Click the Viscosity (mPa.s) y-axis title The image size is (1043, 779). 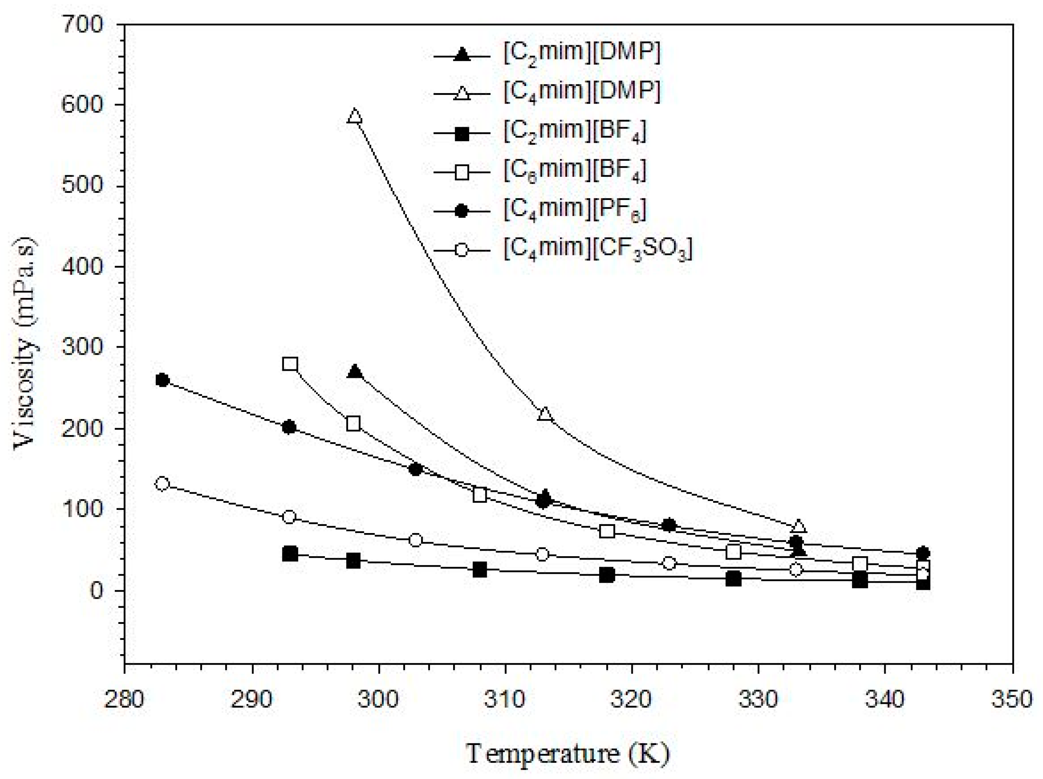point(26,345)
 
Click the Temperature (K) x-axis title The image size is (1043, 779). point(567,753)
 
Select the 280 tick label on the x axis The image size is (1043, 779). point(124,699)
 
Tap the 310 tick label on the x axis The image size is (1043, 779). point(505,699)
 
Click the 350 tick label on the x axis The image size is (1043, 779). point(1012,699)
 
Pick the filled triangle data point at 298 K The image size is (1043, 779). point(355,372)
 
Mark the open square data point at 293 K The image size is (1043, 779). point(290,364)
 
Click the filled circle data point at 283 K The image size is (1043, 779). point(163,380)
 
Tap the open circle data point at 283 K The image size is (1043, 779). point(163,484)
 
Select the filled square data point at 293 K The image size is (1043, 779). point(290,554)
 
